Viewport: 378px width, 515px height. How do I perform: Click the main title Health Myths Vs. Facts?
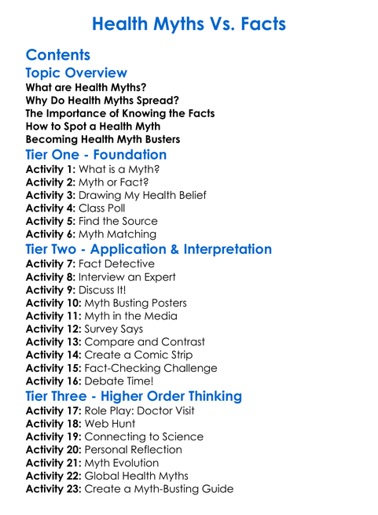point(189,24)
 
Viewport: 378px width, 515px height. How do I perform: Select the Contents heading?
point(58,55)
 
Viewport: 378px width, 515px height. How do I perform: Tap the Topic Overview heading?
point(76,73)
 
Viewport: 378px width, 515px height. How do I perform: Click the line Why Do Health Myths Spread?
point(102,100)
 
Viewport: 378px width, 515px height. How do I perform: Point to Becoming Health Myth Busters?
point(103,139)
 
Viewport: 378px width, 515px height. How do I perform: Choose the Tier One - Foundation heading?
point(96,155)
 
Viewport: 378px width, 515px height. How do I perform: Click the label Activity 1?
point(50,170)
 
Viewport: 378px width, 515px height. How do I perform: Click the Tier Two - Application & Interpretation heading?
point(149,249)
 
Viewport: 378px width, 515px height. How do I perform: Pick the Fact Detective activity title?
point(116,264)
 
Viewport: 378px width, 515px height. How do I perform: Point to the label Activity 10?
point(54,303)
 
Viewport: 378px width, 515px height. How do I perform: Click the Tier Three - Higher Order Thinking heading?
point(134,396)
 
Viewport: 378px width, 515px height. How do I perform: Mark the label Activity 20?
point(54,450)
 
